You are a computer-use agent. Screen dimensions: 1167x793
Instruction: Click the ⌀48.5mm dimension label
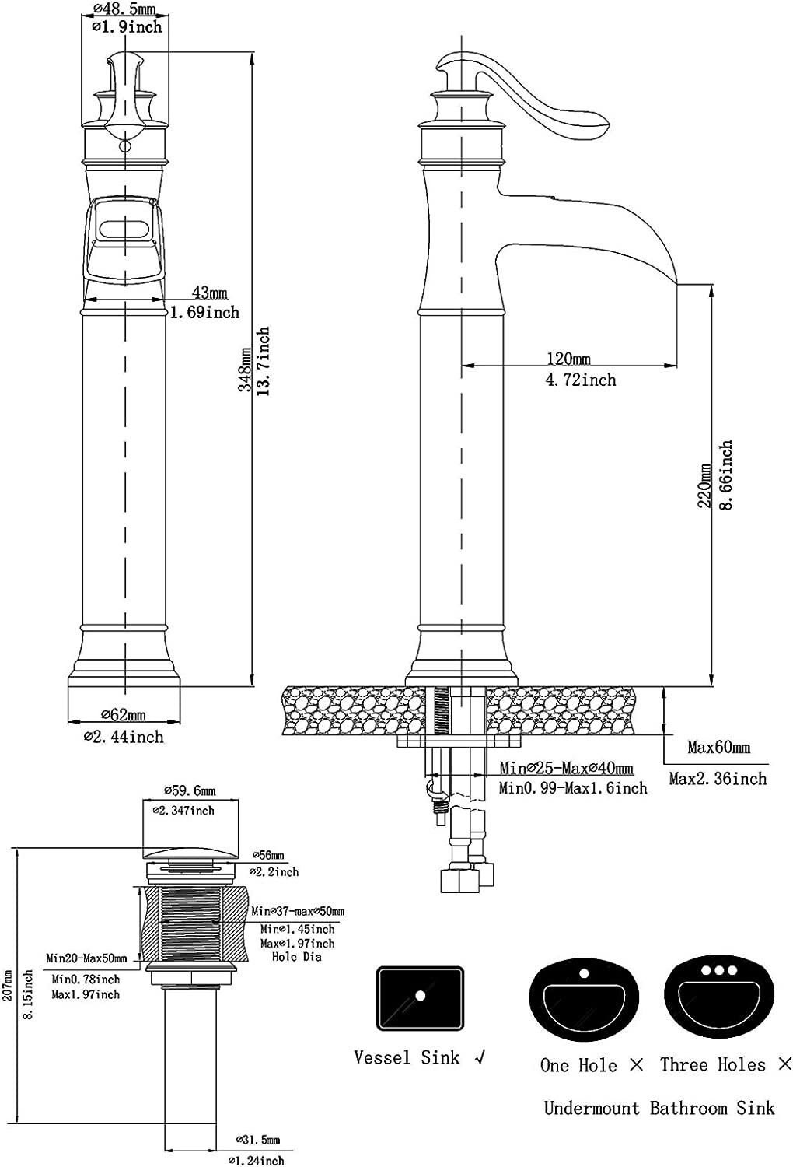coord(124,10)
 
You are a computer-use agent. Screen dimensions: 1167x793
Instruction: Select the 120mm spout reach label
coord(568,359)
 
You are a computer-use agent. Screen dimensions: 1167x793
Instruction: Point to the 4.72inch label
coord(581,380)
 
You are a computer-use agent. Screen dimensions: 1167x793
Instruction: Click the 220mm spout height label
coord(705,486)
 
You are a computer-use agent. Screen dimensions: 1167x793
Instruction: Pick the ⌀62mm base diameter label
coord(124,715)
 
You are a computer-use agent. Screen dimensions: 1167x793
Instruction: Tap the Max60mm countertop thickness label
coord(718,748)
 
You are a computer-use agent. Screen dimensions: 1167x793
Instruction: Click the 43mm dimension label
coord(210,293)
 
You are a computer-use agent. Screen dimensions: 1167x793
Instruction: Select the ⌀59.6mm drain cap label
coord(190,791)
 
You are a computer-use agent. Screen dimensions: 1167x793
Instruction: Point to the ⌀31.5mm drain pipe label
coord(257,1141)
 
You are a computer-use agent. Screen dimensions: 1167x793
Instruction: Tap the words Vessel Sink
coord(407,1057)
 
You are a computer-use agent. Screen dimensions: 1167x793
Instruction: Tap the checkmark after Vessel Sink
coord(480,1057)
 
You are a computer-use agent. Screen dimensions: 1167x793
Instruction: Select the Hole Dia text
coord(296,957)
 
